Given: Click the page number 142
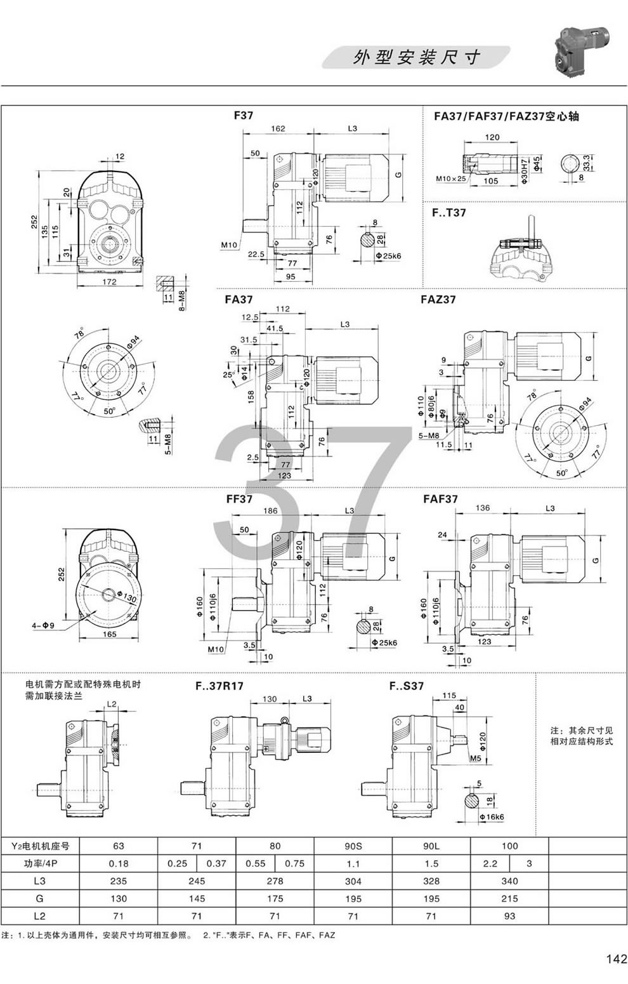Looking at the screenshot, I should coord(615,959).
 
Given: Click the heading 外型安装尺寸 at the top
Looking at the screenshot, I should coord(416,58).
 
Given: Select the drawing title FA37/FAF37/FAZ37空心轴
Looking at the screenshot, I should coord(506,116).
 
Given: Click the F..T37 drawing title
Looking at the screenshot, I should coord(449,213).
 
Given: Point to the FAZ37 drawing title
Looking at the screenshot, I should coord(438,299).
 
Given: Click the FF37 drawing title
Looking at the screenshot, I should coord(239,499).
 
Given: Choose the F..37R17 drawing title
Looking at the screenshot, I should coord(219,686).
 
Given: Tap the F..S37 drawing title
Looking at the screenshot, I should coord(406,686).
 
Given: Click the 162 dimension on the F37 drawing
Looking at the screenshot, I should coord(277,128).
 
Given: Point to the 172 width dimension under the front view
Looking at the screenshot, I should coord(110,282).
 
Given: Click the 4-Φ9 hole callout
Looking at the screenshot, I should coord(44,626).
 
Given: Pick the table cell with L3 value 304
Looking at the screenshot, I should coord(353,881).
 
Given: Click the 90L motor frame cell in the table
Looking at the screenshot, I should coord(431,846).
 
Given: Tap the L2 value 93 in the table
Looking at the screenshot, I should coord(509,915).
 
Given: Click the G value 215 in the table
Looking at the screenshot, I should coord(509,898).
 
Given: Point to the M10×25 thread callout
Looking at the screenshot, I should coord(451,179).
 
